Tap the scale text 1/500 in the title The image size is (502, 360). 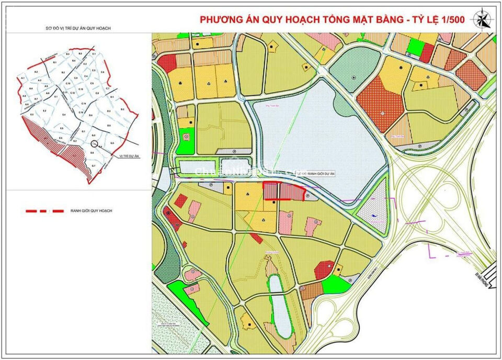(450, 19)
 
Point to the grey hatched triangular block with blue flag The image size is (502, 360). (373, 208)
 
